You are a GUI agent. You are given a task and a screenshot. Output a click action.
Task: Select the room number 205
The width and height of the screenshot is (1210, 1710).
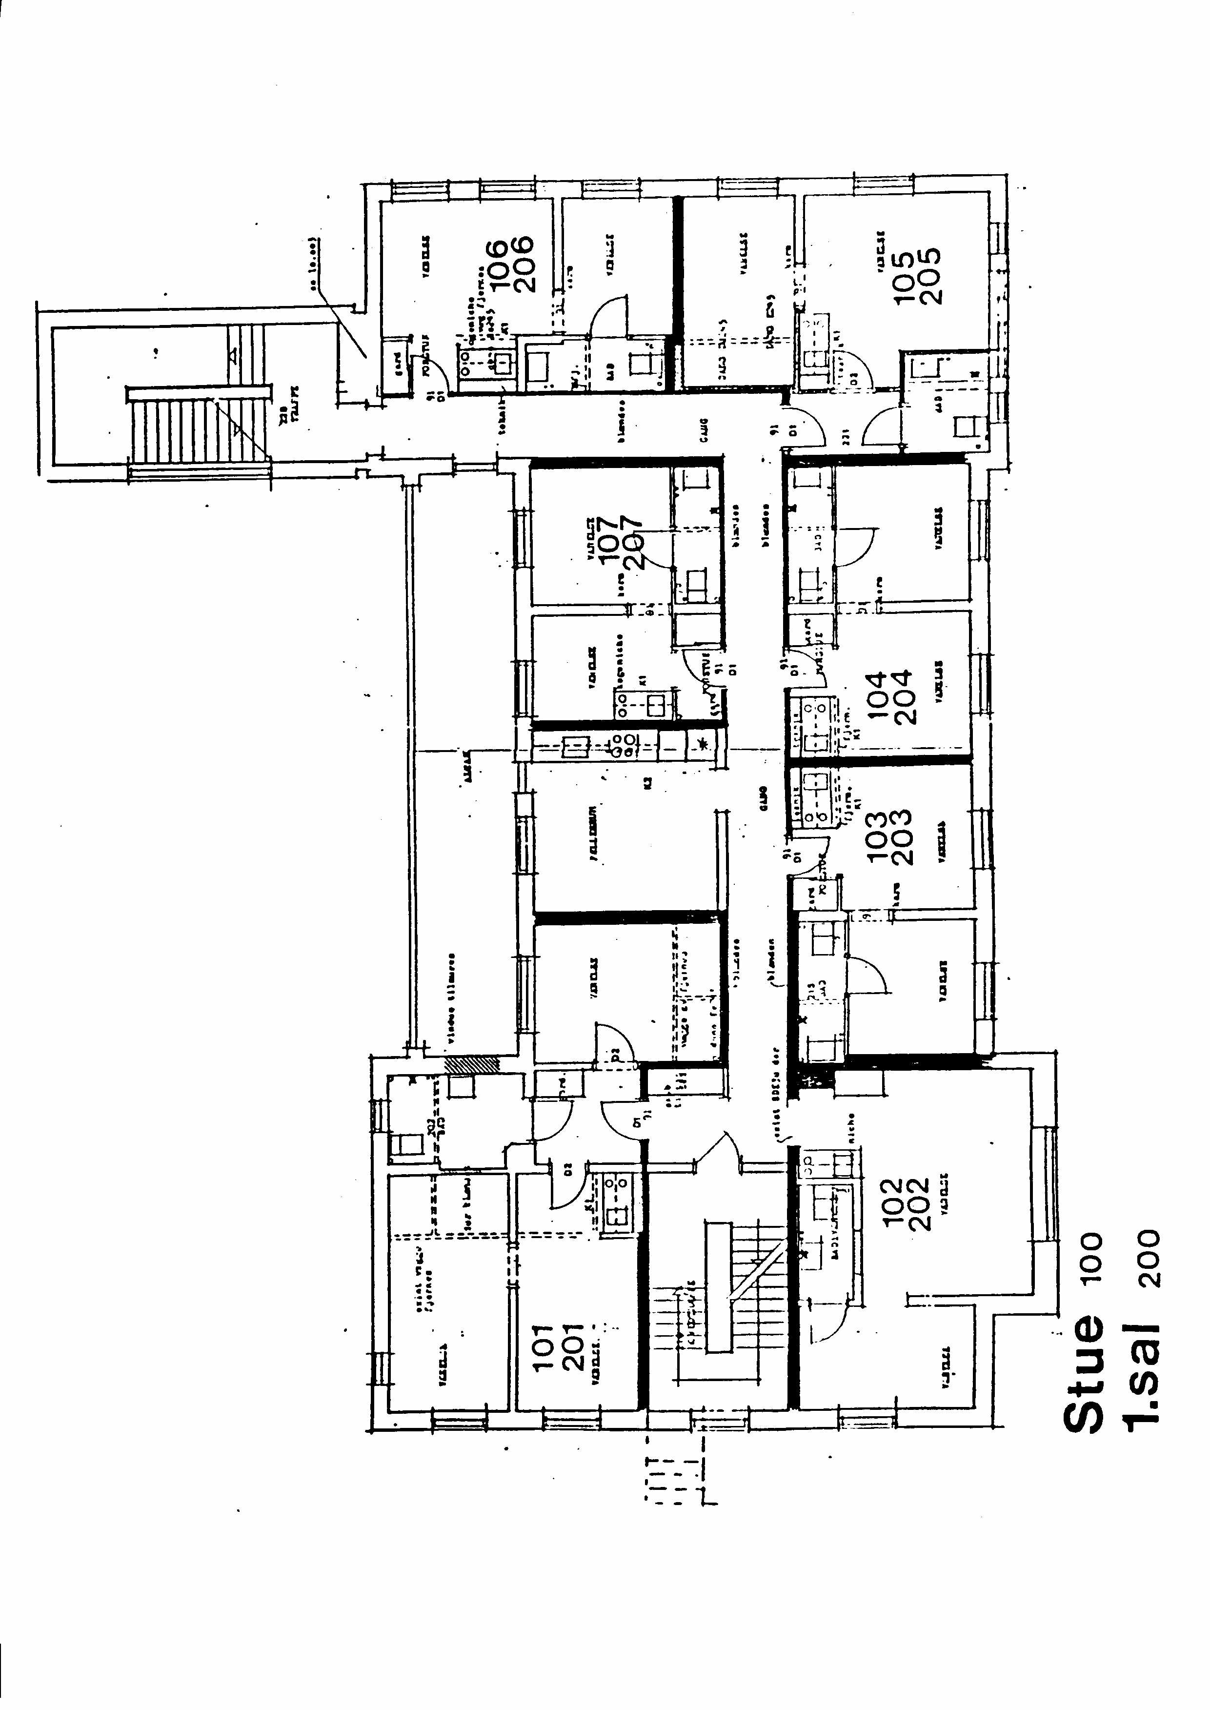(x=931, y=276)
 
